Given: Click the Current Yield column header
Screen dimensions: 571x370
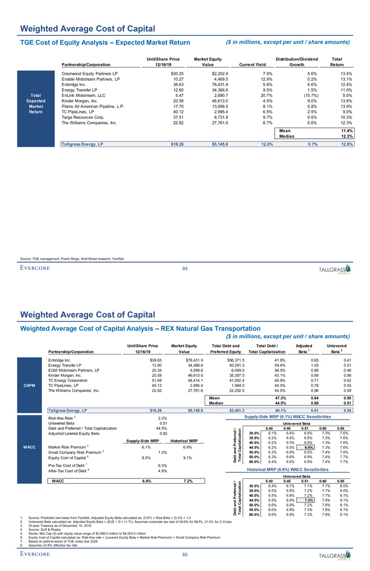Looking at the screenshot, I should pos(254,65).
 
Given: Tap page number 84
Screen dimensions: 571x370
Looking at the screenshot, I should pos(185,268).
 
